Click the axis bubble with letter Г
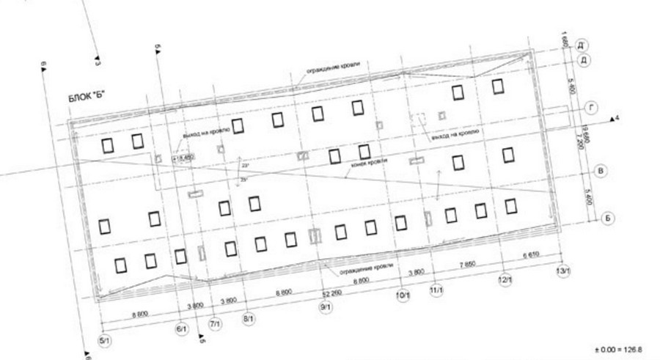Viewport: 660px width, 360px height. point(592,109)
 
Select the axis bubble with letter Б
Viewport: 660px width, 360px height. point(608,218)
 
